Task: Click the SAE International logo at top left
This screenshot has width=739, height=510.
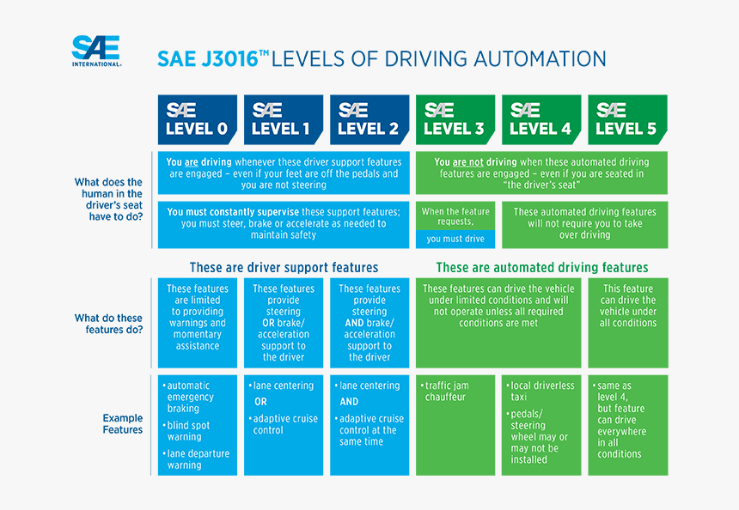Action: click(95, 51)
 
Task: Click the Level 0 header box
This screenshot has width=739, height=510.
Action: click(197, 119)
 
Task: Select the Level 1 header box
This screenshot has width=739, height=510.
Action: click(283, 119)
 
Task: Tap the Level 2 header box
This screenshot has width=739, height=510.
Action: click(369, 119)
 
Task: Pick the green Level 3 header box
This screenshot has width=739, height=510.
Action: click(455, 119)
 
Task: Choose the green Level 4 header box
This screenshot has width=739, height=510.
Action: click(541, 119)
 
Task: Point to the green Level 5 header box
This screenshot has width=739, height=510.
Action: click(626, 119)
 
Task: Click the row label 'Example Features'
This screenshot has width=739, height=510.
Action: click(122, 424)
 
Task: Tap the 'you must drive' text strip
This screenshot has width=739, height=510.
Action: click(455, 240)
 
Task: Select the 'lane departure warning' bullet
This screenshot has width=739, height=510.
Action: click(197, 459)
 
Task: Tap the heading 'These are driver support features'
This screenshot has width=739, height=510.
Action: click(284, 267)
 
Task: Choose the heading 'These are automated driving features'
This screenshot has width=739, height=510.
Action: click(541, 267)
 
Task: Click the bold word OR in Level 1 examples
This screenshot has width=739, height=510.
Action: click(260, 402)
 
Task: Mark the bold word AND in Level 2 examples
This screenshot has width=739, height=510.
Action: click(349, 402)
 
